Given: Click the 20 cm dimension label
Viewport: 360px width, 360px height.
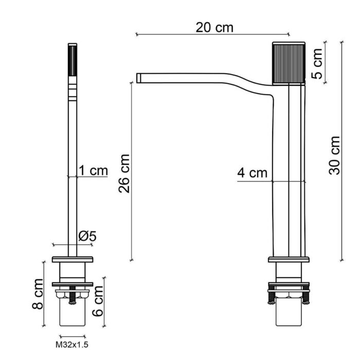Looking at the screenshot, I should (x=214, y=27).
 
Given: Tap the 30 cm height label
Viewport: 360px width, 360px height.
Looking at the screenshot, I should (x=335, y=155).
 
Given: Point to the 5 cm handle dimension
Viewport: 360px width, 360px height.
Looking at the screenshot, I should (x=317, y=63).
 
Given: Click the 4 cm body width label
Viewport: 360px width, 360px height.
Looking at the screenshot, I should (x=253, y=173).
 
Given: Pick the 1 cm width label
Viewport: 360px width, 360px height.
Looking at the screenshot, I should (x=93, y=171).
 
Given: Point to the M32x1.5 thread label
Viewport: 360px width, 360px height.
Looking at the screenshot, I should (x=71, y=345).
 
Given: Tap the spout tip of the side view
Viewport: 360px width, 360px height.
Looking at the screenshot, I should (x=139, y=78).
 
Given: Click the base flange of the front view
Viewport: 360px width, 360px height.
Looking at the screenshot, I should (x=72, y=259).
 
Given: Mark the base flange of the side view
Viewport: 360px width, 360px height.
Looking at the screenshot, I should (x=289, y=259).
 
